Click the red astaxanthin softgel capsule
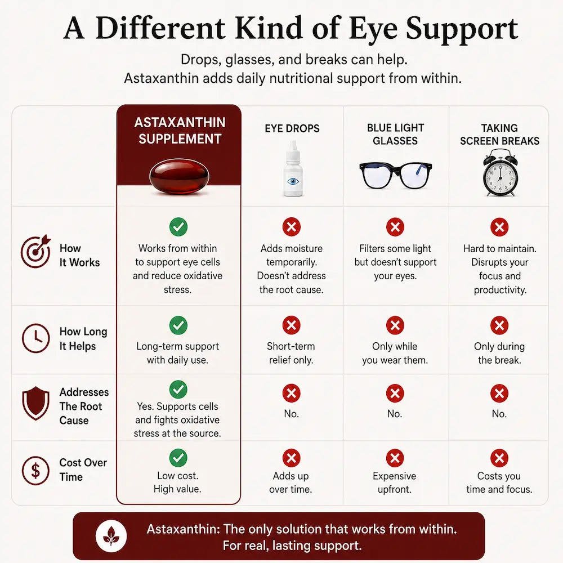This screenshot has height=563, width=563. [179, 176]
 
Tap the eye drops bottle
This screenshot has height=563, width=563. [293, 168]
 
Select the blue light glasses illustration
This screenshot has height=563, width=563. [395, 175]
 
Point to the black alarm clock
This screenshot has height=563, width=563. [500, 173]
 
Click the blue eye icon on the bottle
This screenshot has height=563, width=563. [293, 181]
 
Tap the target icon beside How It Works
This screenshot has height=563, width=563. [35, 251]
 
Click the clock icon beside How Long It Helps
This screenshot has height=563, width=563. [35, 338]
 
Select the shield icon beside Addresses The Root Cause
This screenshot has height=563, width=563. [35, 403]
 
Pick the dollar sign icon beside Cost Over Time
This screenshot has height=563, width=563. [35, 470]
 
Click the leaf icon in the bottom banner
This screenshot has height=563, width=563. [111, 536]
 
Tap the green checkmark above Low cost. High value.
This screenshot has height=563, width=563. [178, 458]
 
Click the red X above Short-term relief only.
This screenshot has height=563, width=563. [291, 325]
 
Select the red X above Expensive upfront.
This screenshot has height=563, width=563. [395, 458]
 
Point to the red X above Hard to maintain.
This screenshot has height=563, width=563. [499, 227]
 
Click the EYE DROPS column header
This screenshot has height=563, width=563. [292, 128]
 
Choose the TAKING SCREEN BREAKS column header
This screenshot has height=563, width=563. [499, 135]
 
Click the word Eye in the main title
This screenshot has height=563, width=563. [374, 29]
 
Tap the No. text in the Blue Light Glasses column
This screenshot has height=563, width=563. [395, 414]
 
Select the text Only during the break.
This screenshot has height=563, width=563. [499, 353]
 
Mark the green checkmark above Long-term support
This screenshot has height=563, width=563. [178, 325]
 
